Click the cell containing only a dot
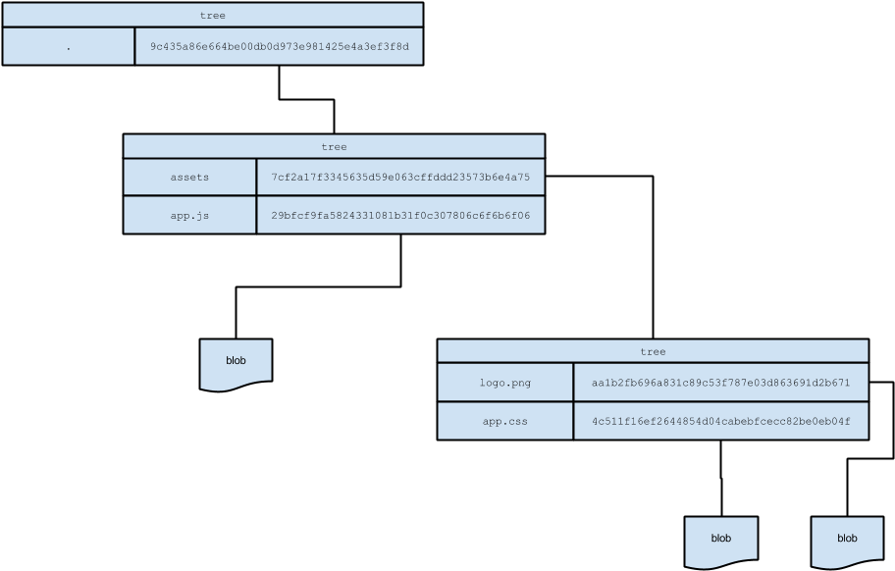69,46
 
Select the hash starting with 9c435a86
279,46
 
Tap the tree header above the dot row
212,15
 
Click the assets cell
189,178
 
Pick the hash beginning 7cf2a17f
400,178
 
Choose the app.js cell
189,215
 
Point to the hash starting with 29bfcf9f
400,215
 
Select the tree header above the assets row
334,147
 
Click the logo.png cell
505,383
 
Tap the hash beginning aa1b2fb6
720,383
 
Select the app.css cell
505,421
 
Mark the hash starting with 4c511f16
720,421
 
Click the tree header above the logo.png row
653,351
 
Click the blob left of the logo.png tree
236,360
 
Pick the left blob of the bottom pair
721,538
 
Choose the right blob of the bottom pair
847,538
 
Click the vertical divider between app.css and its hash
573,421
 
